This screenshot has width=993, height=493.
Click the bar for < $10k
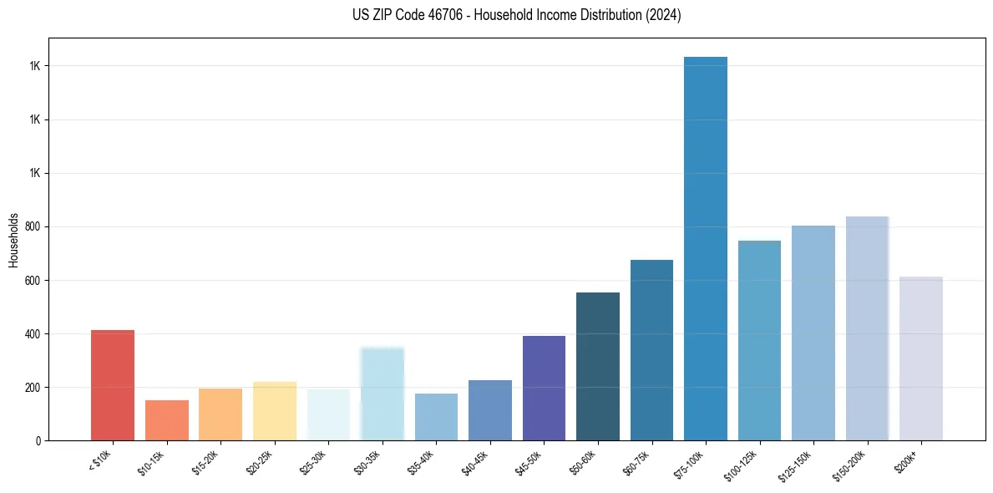113,385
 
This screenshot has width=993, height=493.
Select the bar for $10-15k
166,420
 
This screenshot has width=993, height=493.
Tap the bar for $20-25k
275,411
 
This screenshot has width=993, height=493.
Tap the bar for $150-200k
867,328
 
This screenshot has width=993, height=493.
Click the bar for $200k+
921,358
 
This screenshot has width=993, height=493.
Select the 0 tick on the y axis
39,441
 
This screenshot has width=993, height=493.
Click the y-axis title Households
13,240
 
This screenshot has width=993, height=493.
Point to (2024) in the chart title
663,15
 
